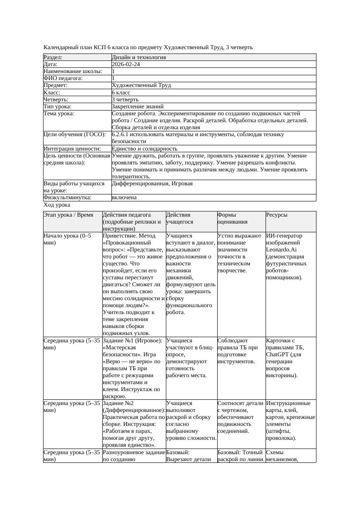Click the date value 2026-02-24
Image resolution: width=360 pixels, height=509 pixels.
126,64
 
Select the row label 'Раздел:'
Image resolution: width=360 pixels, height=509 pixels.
53,57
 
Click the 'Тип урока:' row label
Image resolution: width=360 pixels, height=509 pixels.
57,107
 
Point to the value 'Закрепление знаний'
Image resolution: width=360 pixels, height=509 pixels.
138,107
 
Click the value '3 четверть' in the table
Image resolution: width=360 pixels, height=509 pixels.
125,100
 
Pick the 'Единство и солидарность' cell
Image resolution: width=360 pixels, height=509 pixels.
145,149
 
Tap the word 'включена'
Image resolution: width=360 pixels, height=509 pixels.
124,198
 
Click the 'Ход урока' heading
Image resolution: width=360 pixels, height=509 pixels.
57,205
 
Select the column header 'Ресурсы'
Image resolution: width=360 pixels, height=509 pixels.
276,215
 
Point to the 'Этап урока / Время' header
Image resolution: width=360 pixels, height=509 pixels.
68,215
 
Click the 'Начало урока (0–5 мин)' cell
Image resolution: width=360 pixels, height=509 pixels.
67,239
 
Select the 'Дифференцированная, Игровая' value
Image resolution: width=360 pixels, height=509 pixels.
152,184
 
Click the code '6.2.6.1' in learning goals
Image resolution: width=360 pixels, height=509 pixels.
121,134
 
